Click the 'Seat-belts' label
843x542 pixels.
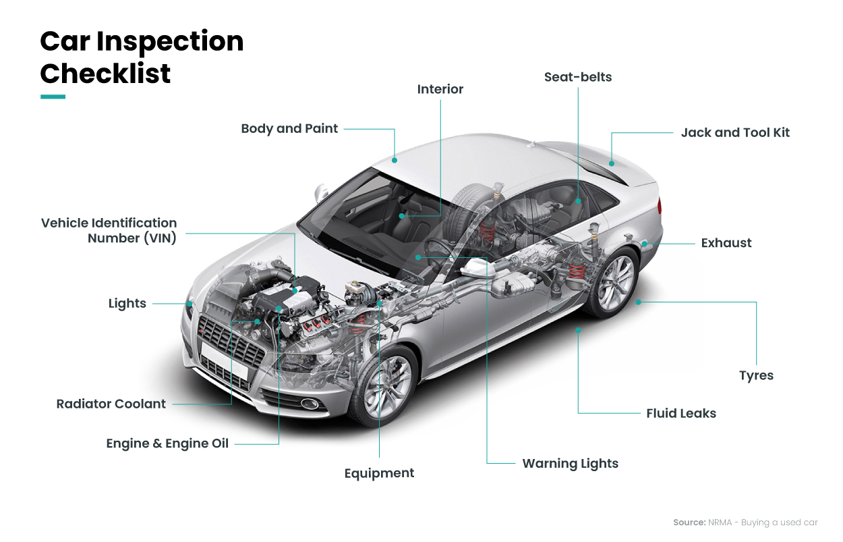[578, 77]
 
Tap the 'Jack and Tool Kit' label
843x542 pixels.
[735, 132]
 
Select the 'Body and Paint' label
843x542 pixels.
[289, 128]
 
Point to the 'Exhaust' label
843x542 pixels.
[726, 243]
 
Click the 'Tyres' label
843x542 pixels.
[756, 376]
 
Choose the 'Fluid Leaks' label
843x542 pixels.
[681, 413]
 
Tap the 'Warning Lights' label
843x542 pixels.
[570, 464]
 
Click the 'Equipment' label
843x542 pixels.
[379, 473]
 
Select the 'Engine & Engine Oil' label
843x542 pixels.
[167, 443]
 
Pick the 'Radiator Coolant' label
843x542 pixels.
[111, 404]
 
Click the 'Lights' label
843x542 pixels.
[127, 304]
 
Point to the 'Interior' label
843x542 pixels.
[440, 89]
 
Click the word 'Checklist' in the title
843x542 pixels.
[105, 73]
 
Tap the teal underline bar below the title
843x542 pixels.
[53, 97]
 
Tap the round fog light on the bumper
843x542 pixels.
[310, 404]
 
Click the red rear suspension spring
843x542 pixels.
[576, 271]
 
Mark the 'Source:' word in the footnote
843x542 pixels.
[689, 522]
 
